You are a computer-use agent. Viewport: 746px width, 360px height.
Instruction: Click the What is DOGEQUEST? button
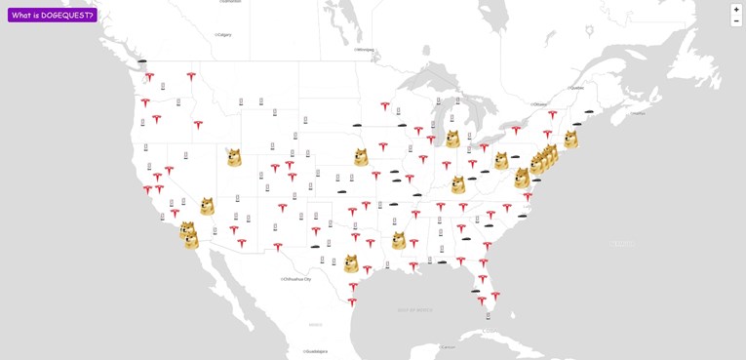click(53, 15)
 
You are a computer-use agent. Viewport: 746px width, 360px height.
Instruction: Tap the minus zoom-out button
click(736, 20)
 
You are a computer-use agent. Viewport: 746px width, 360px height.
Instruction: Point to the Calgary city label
click(224, 34)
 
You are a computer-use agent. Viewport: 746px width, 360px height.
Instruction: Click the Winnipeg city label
click(365, 49)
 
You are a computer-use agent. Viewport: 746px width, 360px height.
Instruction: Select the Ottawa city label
click(539, 103)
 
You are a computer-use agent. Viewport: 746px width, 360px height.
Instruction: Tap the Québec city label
click(576, 87)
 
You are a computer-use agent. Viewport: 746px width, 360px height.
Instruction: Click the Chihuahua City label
click(296, 278)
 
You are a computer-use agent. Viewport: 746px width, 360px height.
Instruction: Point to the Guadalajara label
click(316, 351)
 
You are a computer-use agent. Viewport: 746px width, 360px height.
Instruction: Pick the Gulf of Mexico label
click(414, 309)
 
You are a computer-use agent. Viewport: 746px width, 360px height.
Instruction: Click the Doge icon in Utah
click(234, 157)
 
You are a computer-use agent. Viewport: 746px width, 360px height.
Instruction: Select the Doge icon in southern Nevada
click(207, 206)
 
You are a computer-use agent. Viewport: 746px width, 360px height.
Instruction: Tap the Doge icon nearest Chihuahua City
click(350, 263)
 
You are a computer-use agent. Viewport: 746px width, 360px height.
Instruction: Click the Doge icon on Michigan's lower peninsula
click(452, 139)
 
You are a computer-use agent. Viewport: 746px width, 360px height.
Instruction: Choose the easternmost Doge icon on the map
click(570, 140)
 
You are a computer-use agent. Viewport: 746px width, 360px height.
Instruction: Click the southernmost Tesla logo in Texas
click(352, 301)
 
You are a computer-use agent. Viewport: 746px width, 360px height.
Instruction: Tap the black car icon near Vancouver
click(142, 61)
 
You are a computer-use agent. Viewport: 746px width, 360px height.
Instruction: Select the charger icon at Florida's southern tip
click(489, 315)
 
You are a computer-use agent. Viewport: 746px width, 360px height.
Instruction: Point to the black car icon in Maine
click(589, 111)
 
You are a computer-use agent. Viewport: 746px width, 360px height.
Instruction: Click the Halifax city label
click(638, 112)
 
